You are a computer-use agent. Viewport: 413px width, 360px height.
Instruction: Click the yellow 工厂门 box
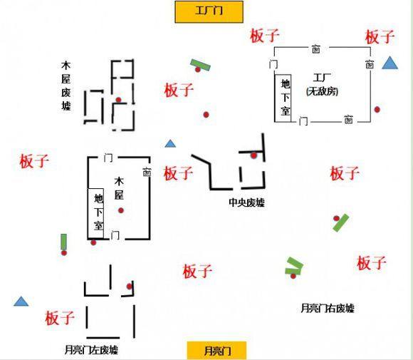point(209,12)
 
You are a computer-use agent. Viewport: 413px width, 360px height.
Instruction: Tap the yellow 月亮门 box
point(216,351)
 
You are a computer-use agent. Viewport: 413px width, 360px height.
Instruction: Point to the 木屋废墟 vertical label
point(66,86)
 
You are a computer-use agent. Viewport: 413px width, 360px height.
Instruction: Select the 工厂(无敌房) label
point(322,85)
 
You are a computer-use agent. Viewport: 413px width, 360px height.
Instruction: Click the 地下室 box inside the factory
point(283,98)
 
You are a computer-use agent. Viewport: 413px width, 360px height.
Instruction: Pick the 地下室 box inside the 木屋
point(96,213)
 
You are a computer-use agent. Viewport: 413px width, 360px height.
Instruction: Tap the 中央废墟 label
point(246,202)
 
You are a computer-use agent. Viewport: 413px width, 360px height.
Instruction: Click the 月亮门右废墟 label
point(328,308)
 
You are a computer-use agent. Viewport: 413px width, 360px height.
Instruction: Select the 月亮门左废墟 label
point(91,350)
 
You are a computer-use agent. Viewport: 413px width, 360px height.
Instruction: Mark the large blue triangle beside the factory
point(390,63)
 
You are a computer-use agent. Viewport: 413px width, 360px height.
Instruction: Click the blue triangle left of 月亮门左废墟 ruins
point(21,301)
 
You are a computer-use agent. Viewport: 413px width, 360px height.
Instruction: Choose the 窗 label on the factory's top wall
point(316,49)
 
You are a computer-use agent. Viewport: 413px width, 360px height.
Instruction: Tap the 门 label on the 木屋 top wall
point(108,158)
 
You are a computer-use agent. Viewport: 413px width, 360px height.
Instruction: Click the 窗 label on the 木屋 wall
point(147,171)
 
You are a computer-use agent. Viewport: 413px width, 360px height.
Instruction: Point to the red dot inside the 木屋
point(121,210)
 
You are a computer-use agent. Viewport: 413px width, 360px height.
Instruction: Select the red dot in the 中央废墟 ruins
point(253,155)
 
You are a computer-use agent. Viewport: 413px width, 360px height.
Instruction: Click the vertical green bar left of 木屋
point(63,242)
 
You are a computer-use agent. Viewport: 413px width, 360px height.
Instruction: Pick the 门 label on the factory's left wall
point(273,64)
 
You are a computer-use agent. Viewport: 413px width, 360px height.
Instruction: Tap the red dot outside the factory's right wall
point(377,109)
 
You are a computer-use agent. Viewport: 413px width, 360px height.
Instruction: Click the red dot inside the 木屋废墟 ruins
point(118,100)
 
